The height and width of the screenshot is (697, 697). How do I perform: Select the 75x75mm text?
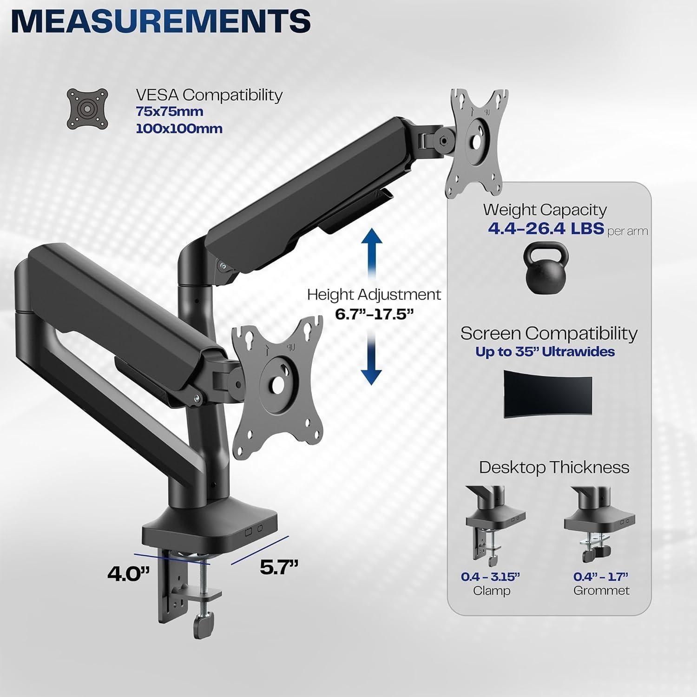click(170, 112)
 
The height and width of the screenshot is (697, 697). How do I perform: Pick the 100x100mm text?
click(179, 129)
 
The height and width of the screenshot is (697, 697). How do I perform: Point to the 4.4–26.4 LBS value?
click(546, 229)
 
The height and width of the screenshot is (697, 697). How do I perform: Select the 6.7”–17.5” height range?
click(374, 314)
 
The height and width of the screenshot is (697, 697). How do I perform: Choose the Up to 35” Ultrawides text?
click(545, 352)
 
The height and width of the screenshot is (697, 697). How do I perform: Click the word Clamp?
click(491, 591)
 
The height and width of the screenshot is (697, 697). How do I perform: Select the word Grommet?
click(601, 591)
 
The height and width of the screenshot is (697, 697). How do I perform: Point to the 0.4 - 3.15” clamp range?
click(490, 577)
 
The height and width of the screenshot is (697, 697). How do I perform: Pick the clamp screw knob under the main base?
click(204, 621)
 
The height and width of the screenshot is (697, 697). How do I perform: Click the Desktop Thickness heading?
click(554, 467)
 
